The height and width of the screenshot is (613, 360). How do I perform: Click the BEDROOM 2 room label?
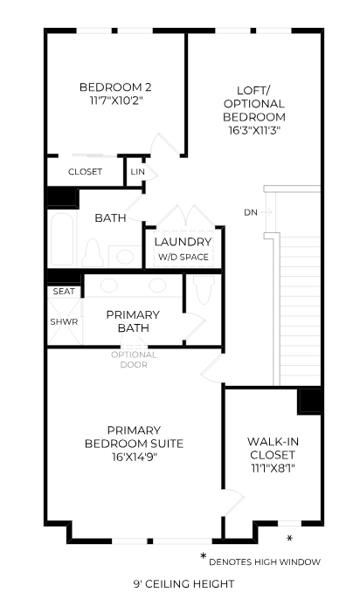[x=115, y=86]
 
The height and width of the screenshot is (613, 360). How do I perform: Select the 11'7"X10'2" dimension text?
[x=115, y=100]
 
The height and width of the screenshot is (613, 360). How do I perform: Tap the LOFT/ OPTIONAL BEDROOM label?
[x=253, y=103]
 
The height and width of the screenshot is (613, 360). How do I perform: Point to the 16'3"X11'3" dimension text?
[x=253, y=131]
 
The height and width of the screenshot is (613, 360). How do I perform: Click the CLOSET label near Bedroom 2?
[x=85, y=172]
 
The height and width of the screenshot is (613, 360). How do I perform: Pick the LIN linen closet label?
[x=137, y=172]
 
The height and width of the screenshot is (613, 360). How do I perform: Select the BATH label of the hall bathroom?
[x=110, y=218]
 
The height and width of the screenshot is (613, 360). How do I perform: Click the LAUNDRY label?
[x=183, y=242]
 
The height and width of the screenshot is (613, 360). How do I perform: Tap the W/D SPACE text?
[x=183, y=258]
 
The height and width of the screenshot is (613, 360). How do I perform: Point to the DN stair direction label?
[x=251, y=212]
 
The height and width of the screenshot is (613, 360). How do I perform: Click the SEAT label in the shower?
[x=63, y=292]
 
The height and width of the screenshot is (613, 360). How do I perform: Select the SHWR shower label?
[x=63, y=321]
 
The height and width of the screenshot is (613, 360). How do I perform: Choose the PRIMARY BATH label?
[x=133, y=321]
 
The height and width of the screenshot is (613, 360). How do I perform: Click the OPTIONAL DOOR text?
[x=134, y=359]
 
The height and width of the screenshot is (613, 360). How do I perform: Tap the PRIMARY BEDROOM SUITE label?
[x=133, y=437]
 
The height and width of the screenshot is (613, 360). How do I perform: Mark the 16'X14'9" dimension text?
[x=133, y=457]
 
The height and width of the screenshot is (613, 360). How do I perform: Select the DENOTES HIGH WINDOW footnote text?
[x=264, y=561]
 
